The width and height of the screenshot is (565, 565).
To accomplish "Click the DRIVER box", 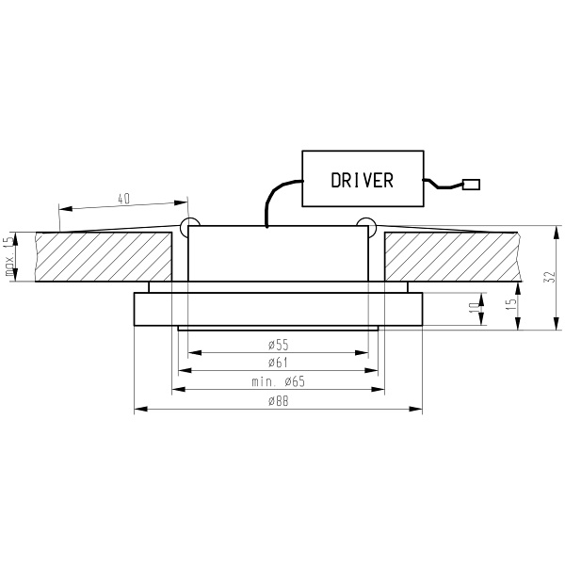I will click(362, 180).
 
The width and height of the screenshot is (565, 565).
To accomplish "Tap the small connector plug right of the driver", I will click(473, 185).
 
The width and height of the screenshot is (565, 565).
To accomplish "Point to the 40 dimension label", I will click(123, 199).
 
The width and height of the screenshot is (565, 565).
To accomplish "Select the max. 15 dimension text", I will click(9, 256).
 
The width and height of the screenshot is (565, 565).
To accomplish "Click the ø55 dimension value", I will click(278, 345).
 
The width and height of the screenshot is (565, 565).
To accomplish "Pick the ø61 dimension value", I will click(278, 363).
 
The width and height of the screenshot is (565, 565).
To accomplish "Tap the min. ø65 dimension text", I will click(278, 381).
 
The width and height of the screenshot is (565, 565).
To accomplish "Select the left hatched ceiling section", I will click(104, 256).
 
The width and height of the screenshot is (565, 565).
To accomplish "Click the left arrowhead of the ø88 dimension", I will click(139, 409).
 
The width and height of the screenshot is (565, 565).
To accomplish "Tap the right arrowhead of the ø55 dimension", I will click(363, 353).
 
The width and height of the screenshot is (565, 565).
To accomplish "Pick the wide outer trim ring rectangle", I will click(278, 309).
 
